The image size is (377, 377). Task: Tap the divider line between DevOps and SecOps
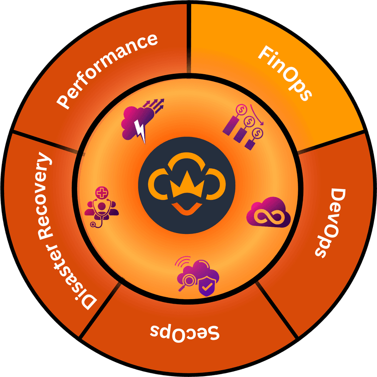(x=278, y=310)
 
